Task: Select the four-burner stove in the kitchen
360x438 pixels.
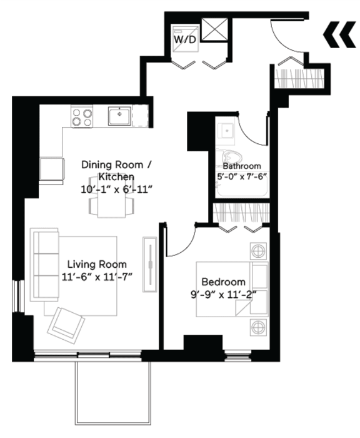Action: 82,116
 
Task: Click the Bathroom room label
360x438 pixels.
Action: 242,166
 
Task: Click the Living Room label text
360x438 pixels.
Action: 97,264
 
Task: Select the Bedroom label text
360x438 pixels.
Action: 223,282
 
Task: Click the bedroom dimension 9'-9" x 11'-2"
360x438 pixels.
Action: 223,293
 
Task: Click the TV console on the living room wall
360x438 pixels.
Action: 150,263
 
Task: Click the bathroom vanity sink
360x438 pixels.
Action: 226,131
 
